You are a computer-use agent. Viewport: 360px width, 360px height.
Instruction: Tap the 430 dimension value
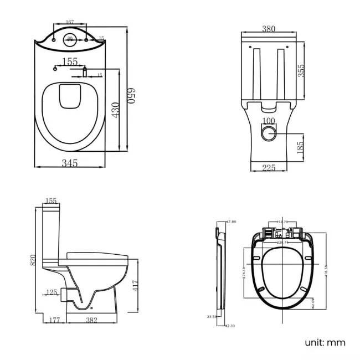tap(115, 110)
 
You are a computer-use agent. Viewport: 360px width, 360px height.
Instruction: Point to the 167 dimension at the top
tap(69, 22)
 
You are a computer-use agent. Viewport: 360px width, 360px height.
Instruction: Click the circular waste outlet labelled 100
tap(269, 132)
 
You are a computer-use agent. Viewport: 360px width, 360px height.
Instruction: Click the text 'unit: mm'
tap(325, 342)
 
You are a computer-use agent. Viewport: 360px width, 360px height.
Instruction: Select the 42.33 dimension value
tap(230, 326)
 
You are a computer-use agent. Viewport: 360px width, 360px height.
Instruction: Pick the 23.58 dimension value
tap(211, 317)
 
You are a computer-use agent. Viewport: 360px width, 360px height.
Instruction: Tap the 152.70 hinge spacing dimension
tap(282, 222)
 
